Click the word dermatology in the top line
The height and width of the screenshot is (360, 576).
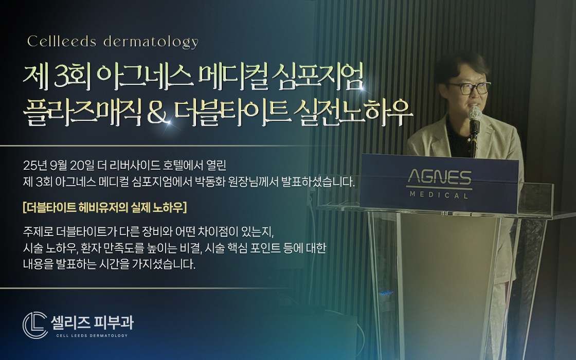coord(151,42)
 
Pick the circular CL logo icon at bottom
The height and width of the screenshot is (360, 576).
coord(35,325)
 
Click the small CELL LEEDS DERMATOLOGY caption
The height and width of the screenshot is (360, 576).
coord(91,335)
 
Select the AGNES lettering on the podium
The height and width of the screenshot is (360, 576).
coord(439,178)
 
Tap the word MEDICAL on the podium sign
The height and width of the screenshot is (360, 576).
coord(439,195)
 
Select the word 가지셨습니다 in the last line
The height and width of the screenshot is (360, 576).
coord(166,265)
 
